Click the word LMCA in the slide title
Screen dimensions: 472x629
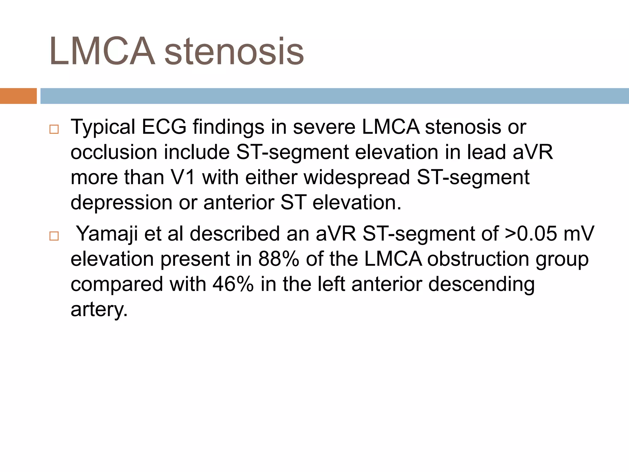[102, 51]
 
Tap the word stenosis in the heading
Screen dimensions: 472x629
[234, 51]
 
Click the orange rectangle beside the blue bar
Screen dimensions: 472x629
[18, 96]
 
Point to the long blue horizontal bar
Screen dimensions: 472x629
[334, 96]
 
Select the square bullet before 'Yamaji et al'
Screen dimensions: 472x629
[54, 236]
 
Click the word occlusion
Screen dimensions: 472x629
[114, 152]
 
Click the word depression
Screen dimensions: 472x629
[121, 203]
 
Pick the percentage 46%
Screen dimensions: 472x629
[233, 284]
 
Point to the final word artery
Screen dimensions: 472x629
[99, 310]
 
